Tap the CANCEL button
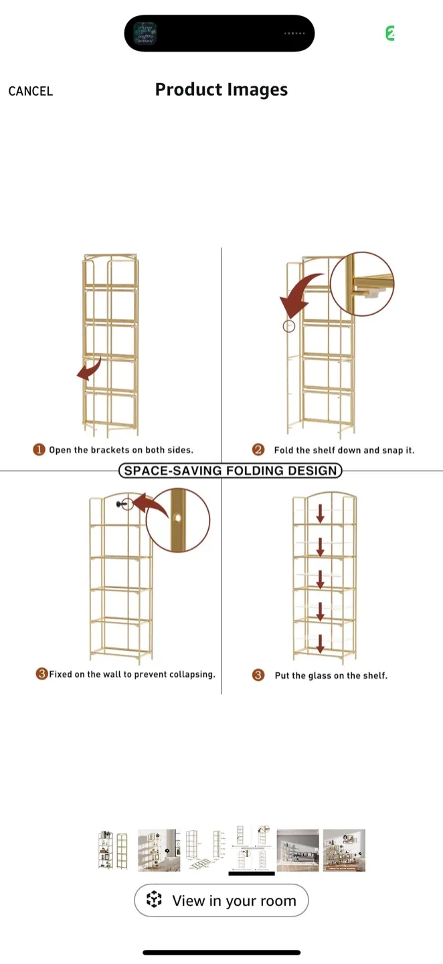click(x=31, y=91)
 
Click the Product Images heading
click(x=221, y=90)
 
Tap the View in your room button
click(x=221, y=900)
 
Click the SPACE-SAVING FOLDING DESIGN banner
click(x=230, y=471)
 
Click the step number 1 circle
click(x=39, y=450)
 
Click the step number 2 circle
click(x=258, y=450)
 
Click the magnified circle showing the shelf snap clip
click(x=362, y=284)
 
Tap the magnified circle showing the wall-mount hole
click(x=178, y=520)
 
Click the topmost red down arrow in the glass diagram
click(x=321, y=513)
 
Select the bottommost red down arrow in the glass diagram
click(x=321, y=643)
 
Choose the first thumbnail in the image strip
click(x=112, y=850)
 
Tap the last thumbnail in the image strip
click(x=344, y=850)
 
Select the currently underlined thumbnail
click(x=252, y=849)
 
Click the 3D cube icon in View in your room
click(x=155, y=900)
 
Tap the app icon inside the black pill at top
click(x=145, y=33)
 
